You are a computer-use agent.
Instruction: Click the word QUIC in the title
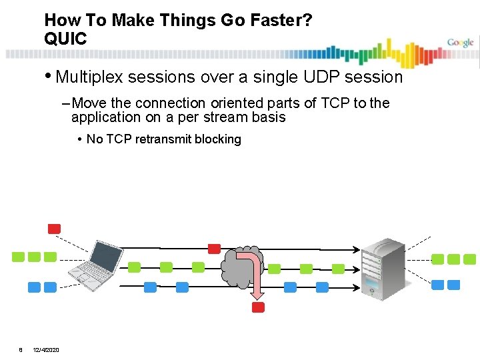(65, 39)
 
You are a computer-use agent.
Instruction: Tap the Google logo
(460, 43)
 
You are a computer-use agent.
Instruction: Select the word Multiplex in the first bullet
(90, 77)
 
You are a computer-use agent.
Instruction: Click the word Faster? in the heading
(279, 20)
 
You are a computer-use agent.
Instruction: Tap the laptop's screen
(107, 255)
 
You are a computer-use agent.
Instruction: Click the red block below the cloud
(258, 307)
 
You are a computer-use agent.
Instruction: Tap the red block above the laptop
(54, 229)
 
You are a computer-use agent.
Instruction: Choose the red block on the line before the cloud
(214, 249)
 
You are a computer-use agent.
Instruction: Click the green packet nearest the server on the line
(338, 269)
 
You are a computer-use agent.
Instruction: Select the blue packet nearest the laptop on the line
(150, 287)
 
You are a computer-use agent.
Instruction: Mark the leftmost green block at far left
(19, 257)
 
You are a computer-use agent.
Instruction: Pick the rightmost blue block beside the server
(454, 285)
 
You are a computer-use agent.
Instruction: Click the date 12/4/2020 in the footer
(46, 350)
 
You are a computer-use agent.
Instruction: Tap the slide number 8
(21, 350)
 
